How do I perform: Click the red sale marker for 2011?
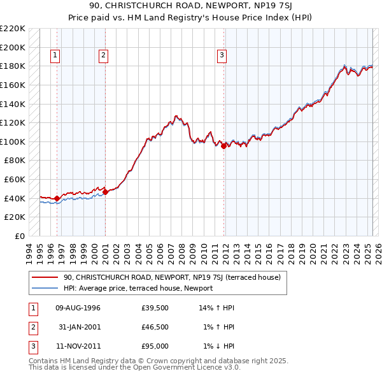224,146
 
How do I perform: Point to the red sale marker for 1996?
57,198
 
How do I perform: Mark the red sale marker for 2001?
105,192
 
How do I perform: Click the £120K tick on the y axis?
13,122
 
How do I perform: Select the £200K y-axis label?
13,47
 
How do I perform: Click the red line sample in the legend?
45,277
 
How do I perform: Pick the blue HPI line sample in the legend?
45,288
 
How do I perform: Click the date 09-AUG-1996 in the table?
78,308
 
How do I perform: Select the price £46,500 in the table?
155,327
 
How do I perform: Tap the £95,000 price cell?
155,346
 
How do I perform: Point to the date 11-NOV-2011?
78,346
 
